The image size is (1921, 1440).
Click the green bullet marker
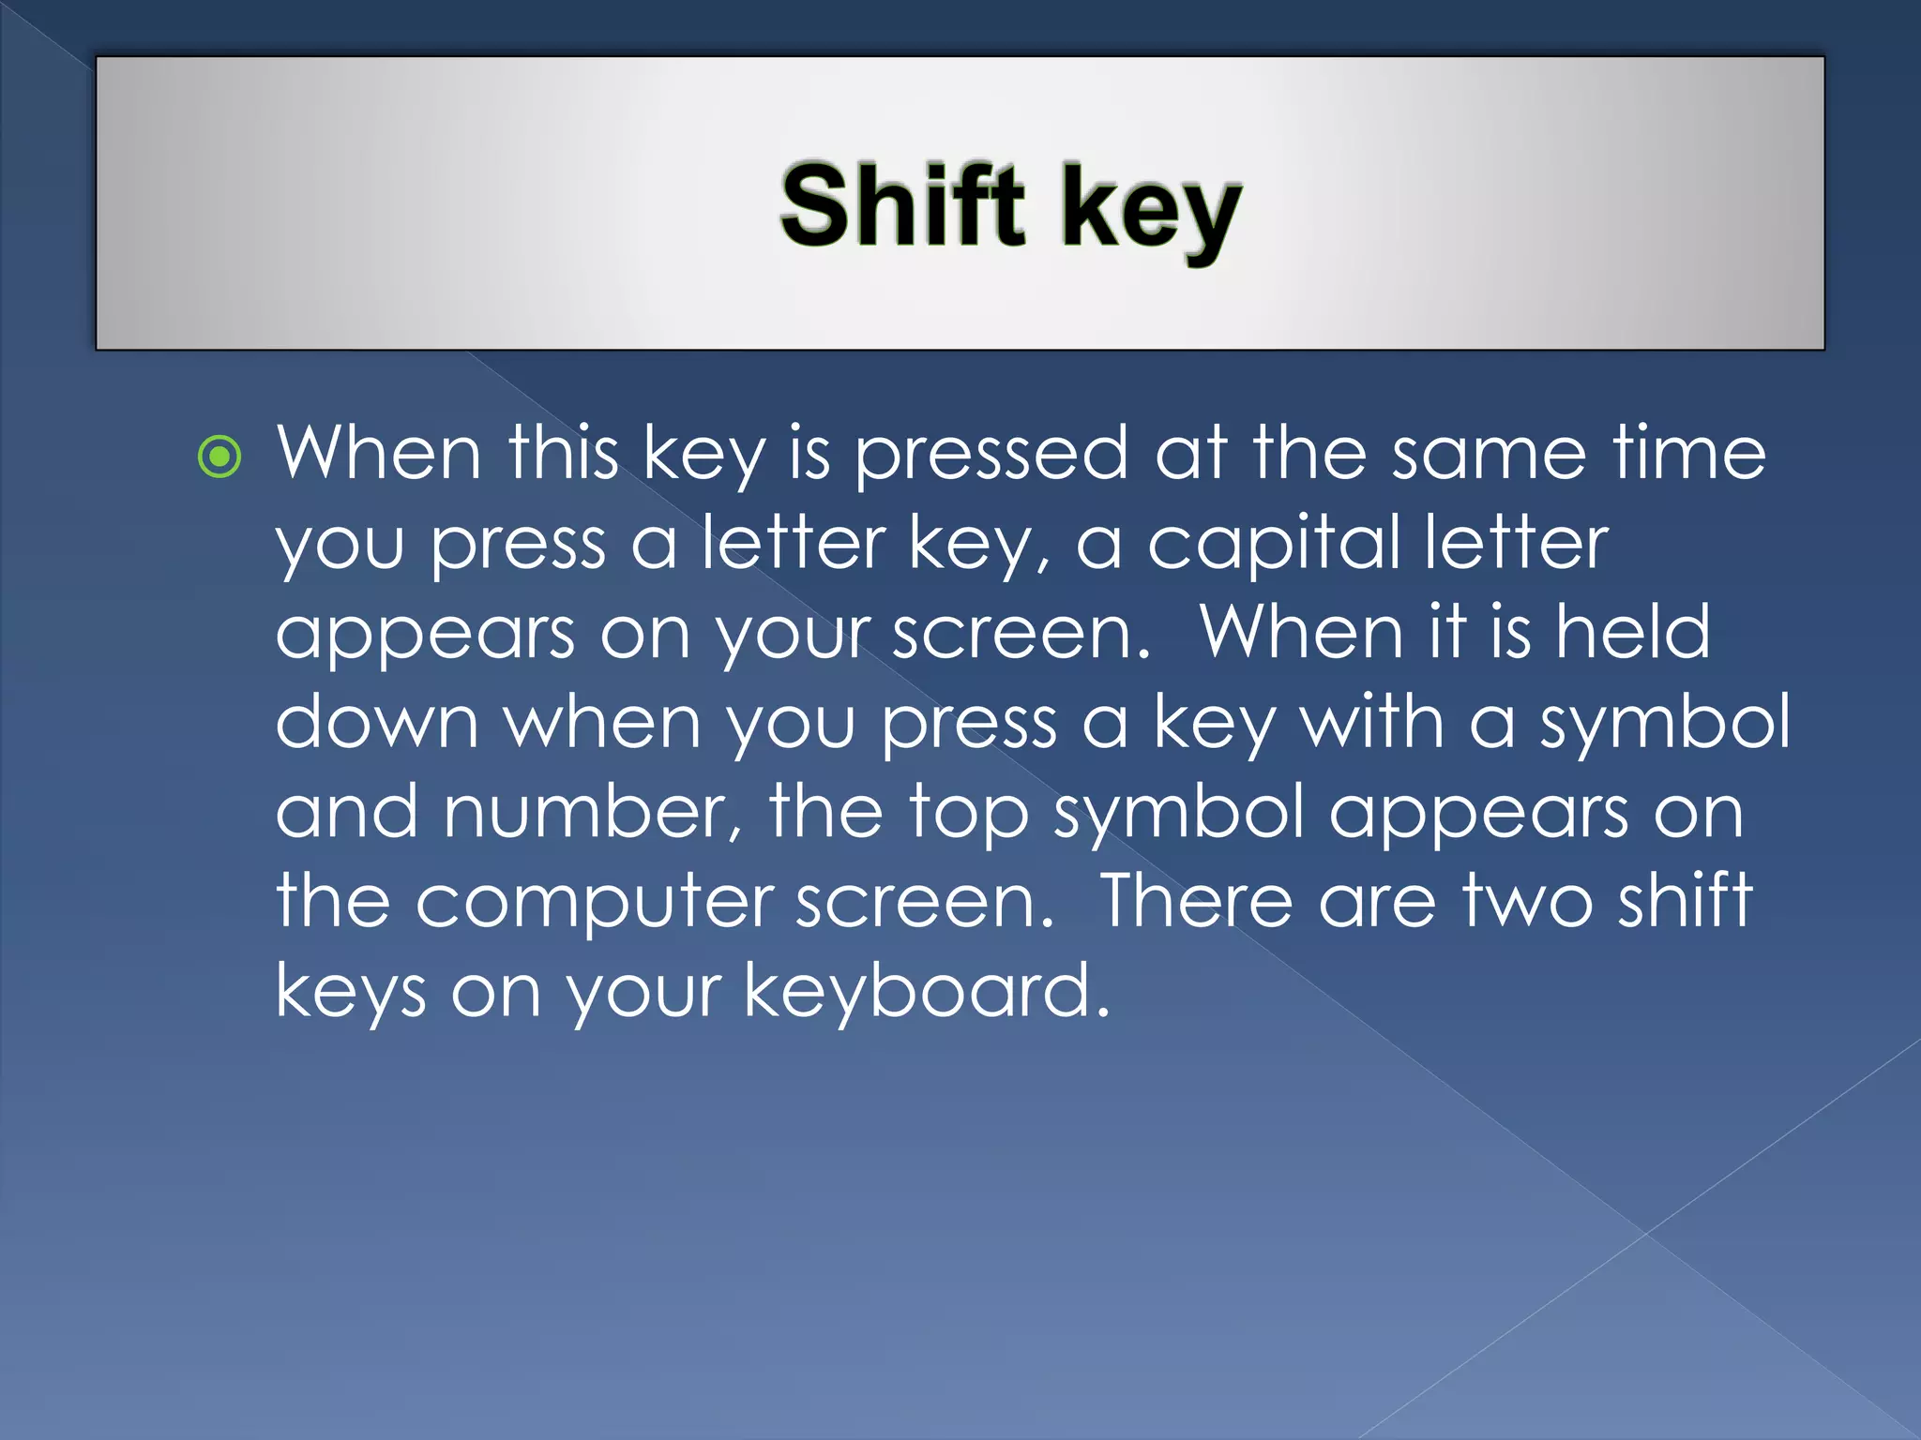point(220,457)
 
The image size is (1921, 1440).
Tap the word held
point(1633,632)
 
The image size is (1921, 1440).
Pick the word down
point(376,722)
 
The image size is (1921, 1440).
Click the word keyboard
point(927,991)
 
